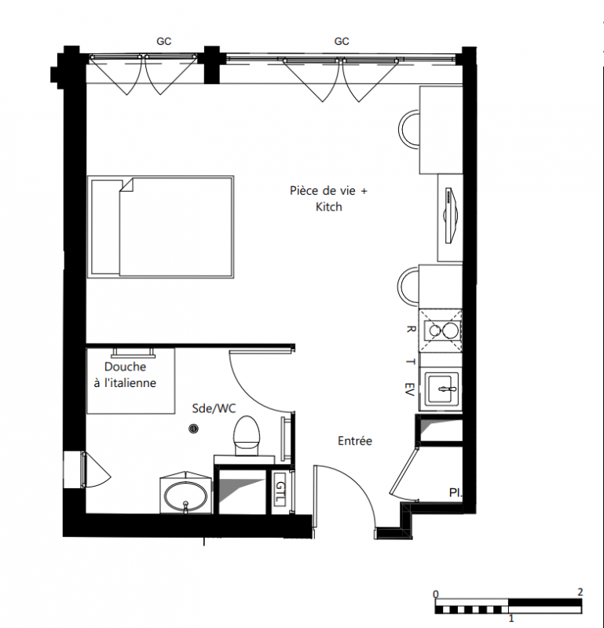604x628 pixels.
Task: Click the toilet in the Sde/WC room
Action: [246, 436]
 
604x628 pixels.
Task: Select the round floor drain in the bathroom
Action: [193, 429]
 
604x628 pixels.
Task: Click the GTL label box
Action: [280, 493]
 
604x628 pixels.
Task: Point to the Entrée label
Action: [355, 441]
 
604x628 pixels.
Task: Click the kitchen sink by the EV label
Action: [441, 389]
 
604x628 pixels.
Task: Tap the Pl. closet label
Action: [456, 493]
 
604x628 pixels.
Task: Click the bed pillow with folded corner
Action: [106, 227]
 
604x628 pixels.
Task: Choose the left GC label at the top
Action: [163, 42]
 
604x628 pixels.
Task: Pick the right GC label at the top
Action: [342, 42]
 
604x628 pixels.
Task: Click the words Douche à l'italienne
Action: [125, 375]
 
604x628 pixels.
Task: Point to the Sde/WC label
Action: [214, 408]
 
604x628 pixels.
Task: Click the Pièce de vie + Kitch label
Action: [328, 199]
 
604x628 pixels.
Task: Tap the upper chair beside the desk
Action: [408, 130]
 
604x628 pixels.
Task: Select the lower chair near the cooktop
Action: [408, 287]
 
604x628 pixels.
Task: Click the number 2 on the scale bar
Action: [580, 592]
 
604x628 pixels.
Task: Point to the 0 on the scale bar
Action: [436, 594]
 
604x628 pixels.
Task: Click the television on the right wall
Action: [451, 215]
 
